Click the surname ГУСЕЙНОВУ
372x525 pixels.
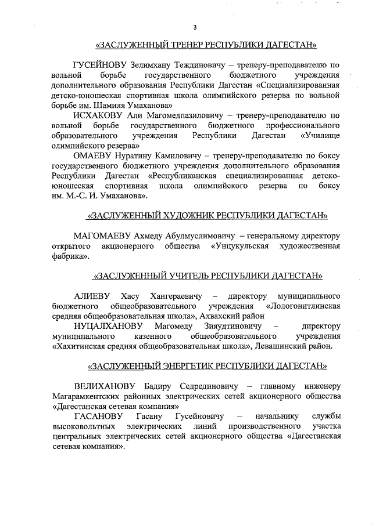pyautogui.click(x=97, y=65)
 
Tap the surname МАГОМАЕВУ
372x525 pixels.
pyautogui.click(x=103, y=236)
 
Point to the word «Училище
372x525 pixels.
pyautogui.click(x=320, y=136)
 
